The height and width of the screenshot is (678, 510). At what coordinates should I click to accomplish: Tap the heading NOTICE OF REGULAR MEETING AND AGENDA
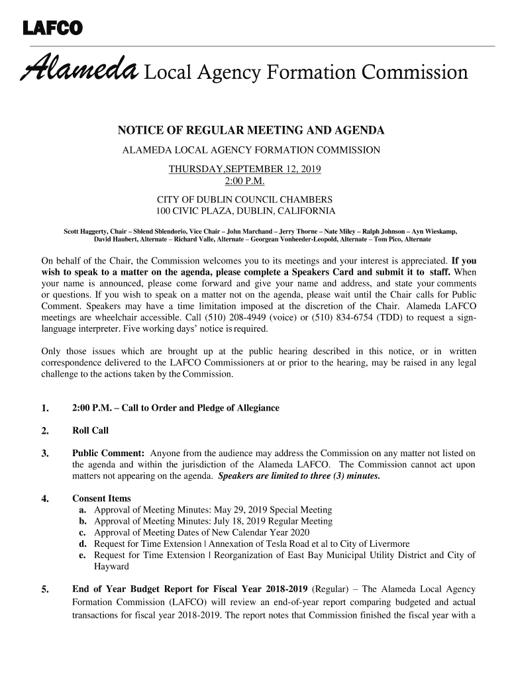tap(251, 130)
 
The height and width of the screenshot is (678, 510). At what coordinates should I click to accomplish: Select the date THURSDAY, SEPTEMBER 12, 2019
tap(245, 169)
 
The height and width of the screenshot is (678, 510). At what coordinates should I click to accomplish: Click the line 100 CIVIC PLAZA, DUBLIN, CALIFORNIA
tap(245, 211)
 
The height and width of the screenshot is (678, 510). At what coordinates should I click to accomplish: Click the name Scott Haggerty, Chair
tap(93, 231)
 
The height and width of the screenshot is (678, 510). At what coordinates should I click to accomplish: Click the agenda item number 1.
tap(44, 409)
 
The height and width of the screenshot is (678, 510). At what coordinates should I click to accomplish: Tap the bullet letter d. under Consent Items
tap(83, 544)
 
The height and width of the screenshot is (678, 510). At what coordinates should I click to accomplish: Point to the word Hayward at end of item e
tap(111, 567)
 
